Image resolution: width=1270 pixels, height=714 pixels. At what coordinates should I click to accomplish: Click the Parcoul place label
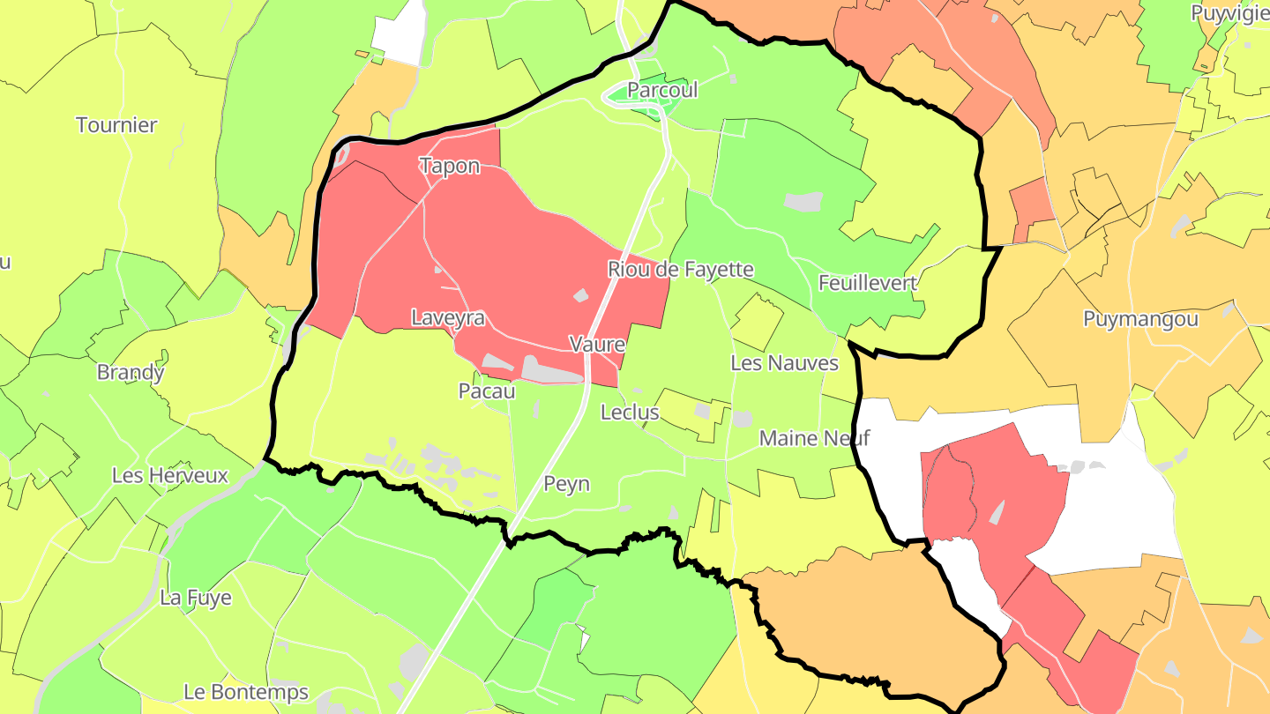pos(662,90)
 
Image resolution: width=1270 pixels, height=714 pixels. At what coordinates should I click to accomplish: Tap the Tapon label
pos(450,166)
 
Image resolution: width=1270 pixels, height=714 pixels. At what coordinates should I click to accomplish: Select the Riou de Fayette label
pos(681,269)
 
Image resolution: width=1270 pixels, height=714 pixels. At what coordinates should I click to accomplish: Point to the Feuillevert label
pos(868,283)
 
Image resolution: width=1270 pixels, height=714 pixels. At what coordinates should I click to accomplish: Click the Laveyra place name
pos(448,317)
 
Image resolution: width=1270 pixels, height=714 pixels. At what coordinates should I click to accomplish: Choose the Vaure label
pos(597,344)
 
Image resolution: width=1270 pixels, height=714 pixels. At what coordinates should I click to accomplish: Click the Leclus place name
pos(630,412)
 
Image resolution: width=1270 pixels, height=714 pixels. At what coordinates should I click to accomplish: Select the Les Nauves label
pos(784,362)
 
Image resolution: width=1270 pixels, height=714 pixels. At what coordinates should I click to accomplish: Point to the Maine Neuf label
pos(814,437)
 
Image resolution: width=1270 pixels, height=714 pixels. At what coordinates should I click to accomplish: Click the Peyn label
pos(566,484)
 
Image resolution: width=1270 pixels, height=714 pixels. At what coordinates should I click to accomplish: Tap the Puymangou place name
pos(1140,319)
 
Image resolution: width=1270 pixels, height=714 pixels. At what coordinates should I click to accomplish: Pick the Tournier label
pos(116,125)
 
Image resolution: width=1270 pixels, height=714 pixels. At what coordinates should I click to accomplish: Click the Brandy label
pos(131,372)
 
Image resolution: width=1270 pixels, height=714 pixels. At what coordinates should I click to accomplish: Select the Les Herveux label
pos(170,476)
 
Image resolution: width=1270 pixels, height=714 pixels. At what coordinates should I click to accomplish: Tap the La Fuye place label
pos(196,598)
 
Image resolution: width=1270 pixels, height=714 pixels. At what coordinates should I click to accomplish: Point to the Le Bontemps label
pos(246,692)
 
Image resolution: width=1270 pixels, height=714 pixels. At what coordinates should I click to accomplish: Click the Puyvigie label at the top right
pos(1229,13)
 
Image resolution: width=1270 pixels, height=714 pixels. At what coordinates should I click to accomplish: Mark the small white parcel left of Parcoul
pos(398,35)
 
